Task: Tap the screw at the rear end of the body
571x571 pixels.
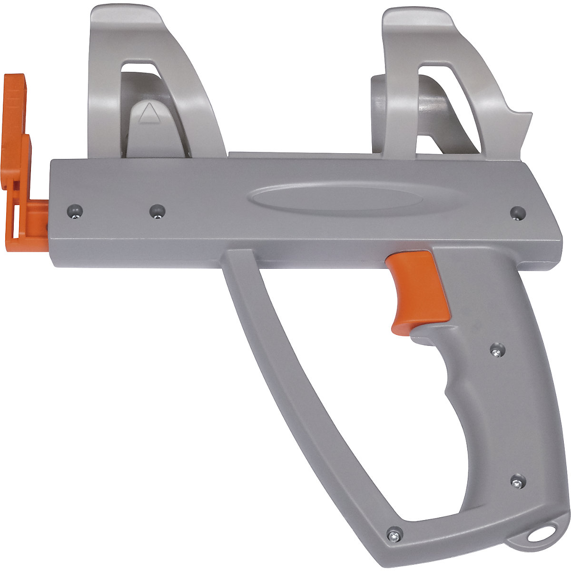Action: pos(517,212)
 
